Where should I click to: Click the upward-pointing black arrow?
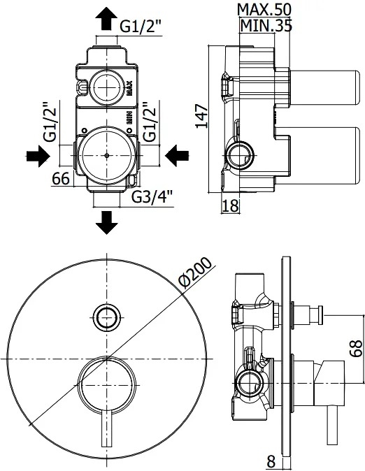[x=106, y=19]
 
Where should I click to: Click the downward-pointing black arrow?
[x=106, y=223]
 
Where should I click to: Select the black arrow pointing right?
[x=38, y=157]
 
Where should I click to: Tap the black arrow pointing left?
[x=177, y=156]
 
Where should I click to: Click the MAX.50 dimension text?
[x=264, y=10]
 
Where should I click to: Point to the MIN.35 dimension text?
[x=266, y=25]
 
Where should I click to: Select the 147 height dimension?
[x=202, y=116]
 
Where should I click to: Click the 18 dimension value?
[x=230, y=205]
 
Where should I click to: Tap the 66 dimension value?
[x=61, y=179]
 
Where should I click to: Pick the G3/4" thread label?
[x=152, y=197]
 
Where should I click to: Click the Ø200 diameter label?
[x=196, y=273]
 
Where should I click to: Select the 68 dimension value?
[x=356, y=348]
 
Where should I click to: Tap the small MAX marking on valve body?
[x=129, y=88]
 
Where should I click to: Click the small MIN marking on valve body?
[x=129, y=117]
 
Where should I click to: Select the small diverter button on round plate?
[x=106, y=317]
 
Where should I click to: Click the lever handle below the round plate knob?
[x=107, y=437]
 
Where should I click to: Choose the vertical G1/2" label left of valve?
[x=50, y=122]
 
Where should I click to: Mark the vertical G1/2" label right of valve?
[x=150, y=122]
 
